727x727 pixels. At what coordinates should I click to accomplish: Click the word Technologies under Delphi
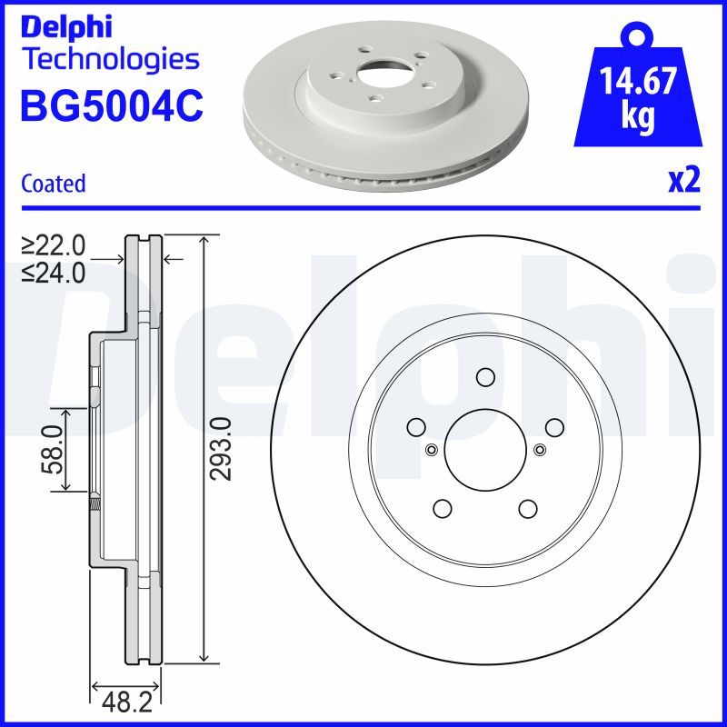point(109,60)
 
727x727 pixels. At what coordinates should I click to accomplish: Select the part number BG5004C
point(111,105)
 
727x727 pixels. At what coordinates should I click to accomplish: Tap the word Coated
point(53,184)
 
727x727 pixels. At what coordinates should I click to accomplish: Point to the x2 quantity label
point(684,181)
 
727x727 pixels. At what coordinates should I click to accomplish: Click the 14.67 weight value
point(638,84)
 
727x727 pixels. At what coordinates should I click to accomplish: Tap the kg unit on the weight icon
point(637,119)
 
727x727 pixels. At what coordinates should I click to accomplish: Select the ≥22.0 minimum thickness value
point(54,244)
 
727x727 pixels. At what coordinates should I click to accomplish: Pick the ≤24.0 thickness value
point(54,272)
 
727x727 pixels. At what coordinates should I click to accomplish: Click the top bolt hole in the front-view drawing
point(484,377)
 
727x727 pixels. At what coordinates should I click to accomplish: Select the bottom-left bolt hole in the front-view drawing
point(442,508)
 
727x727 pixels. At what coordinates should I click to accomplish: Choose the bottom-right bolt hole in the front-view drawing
point(527,508)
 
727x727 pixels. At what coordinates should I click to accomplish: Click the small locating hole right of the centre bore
point(540,448)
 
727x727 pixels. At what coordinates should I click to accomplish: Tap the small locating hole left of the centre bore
point(431,448)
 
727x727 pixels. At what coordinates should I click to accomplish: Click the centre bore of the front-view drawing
point(484,449)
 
